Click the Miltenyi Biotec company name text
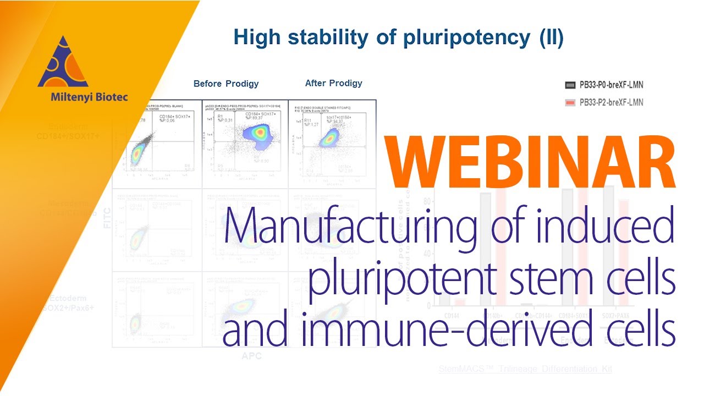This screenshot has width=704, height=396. [x=82, y=97]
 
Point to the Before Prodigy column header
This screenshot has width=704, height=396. [x=226, y=84]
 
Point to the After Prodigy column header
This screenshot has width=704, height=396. [x=333, y=83]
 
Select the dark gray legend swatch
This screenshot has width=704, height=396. [x=569, y=85]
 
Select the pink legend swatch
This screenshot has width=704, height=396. [x=569, y=102]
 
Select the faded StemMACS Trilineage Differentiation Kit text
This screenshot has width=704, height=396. [x=525, y=369]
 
